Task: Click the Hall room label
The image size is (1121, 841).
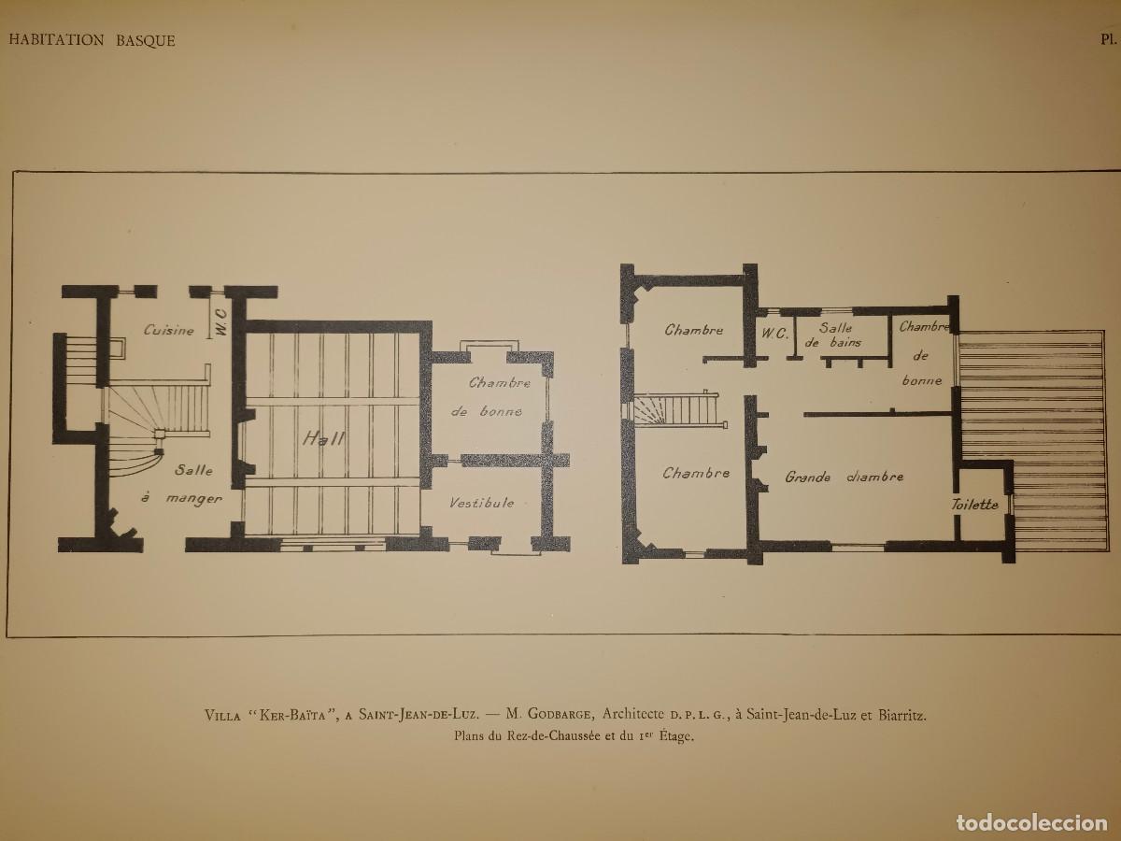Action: click(324, 438)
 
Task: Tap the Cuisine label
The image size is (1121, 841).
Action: click(168, 331)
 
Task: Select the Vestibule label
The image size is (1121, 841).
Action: click(482, 503)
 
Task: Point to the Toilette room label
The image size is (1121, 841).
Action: click(975, 505)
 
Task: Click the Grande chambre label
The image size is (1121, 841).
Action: click(844, 477)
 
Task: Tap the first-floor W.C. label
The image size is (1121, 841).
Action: click(775, 334)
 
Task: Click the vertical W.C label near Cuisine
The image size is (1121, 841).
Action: click(221, 321)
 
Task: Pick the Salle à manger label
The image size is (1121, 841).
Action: click(182, 484)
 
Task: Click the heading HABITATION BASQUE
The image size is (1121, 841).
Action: click(92, 40)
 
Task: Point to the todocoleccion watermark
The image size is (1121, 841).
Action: click(1032, 822)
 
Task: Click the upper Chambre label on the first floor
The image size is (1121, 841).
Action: click(693, 330)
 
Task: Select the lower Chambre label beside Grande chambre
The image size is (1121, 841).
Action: click(696, 474)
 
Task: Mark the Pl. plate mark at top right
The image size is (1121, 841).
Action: click(1110, 40)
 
